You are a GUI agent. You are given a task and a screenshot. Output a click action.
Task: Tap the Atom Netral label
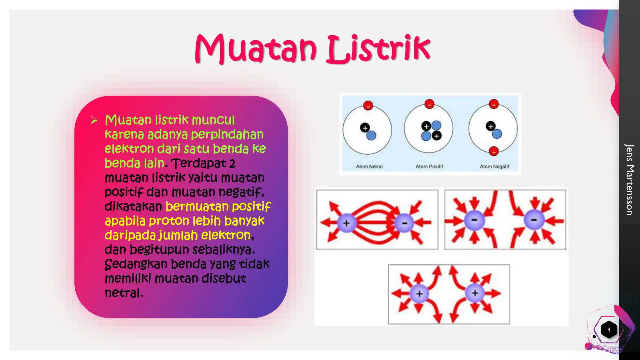click(x=369, y=167)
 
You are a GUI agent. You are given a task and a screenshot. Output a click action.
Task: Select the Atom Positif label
click(x=429, y=167)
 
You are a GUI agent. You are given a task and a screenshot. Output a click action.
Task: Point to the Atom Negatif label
click(x=494, y=167)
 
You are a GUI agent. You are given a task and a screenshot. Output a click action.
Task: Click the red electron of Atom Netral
click(x=368, y=105)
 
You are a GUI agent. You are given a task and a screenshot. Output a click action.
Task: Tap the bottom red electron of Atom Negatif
click(x=494, y=151)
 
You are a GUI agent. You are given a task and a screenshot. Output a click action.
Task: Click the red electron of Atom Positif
click(x=429, y=103)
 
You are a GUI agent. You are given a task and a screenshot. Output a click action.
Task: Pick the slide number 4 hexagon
click(x=609, y=329)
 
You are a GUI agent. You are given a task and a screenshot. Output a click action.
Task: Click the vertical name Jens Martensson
click(x=629, y=179)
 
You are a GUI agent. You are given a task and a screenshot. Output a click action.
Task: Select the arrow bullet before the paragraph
click(x=94, y=120)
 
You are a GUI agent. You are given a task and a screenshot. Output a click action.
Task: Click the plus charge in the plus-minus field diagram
click(x=346, y=223)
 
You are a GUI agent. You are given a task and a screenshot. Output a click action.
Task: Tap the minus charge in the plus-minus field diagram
click(x=404, y=223)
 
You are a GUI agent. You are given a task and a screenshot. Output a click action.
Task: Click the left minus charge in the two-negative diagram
click(x=474, y=220)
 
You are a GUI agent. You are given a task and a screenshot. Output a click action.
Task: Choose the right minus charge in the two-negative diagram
click(x=534, y=220)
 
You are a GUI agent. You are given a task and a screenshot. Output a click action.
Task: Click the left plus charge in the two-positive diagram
click(x=419, y=293)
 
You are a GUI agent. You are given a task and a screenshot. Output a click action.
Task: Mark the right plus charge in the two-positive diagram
click(x=475, y=293)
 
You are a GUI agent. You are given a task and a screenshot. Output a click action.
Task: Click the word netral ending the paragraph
click(x=123, y=293)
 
